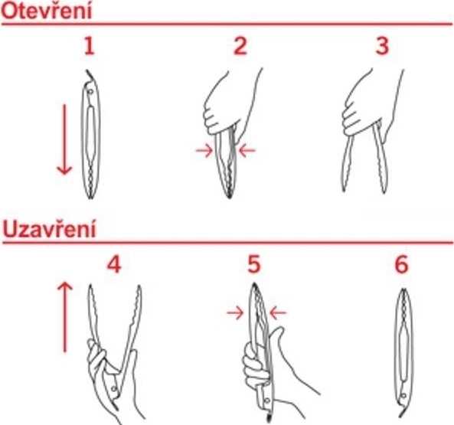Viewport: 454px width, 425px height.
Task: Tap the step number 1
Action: coord(90,47)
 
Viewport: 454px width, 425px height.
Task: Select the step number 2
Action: coord(240,47)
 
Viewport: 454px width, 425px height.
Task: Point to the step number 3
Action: coord(382,47)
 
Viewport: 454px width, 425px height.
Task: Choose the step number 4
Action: coord(114,264)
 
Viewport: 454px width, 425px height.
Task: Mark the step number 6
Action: coord(402,264)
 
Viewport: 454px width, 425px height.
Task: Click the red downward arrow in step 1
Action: coord(64,138)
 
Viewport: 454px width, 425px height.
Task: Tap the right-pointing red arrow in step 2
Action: coord(204,151)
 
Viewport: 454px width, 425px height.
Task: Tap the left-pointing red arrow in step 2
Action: coord(247,151)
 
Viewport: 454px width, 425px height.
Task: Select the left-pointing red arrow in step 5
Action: coord(278,312)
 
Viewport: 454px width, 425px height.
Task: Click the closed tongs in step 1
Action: coord(90,134)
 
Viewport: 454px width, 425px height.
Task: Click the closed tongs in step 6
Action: coord(403,341)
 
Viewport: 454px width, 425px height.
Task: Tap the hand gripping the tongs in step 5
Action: coord(260,360)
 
